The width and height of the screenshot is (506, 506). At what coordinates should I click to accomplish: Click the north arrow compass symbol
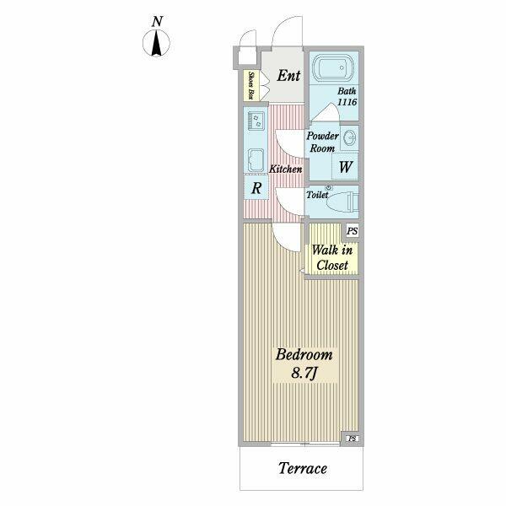(157, 43)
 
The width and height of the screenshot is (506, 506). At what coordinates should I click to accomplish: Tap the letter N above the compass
(157, 22)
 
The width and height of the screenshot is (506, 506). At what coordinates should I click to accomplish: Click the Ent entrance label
(288, 76)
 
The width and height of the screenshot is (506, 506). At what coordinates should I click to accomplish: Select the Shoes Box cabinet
(251, 85)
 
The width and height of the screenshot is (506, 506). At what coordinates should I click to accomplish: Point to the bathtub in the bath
(334, 68)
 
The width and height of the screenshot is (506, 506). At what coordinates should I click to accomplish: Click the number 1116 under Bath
(347, 102)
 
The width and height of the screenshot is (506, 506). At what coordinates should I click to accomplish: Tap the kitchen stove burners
(256, 121)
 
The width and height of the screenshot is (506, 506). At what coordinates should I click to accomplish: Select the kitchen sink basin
(256, 160)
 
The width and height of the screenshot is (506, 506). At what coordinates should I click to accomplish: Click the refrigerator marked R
(256, 188)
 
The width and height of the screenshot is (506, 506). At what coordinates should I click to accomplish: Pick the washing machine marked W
(345, 166)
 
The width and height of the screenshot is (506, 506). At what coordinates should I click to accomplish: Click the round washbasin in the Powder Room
(349, 138)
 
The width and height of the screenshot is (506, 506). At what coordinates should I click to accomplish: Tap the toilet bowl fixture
(342, 202)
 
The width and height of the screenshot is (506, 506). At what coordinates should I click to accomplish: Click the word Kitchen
(286, 169)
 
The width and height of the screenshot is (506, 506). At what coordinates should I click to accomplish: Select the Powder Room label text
(322, 142)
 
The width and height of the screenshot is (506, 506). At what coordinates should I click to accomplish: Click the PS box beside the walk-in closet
(352, 231)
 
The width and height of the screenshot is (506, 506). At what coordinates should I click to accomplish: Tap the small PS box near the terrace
(353, 439)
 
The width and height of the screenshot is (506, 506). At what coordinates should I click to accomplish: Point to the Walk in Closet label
(332, 257)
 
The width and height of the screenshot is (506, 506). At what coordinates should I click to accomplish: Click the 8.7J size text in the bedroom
(305, 374)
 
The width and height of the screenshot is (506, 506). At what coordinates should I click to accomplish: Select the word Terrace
(303, 468)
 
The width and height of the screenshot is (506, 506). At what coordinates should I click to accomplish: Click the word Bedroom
(304, 354)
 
